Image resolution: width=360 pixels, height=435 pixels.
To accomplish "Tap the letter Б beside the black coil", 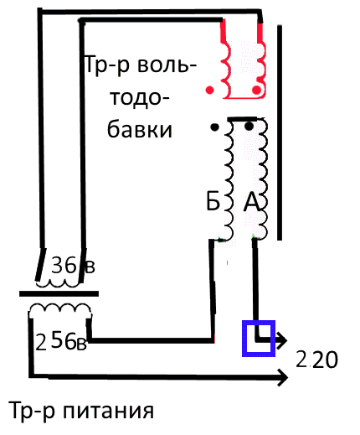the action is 213,201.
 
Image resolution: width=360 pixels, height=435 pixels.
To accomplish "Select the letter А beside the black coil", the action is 251,202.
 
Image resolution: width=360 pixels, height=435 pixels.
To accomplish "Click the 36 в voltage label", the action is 73,265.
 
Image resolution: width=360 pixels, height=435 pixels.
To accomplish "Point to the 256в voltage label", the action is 61,341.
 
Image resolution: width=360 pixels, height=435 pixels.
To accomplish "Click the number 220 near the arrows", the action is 316,360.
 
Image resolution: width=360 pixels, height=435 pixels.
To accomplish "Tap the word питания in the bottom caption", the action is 109,410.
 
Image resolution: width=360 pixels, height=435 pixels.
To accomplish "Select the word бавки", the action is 140,129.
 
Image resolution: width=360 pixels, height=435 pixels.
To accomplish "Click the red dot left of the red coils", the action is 209,90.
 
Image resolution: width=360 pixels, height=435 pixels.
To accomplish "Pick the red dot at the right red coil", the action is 256,90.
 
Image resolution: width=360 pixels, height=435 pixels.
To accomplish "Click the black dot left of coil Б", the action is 214,127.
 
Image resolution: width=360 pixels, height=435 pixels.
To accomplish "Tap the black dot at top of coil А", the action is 249,127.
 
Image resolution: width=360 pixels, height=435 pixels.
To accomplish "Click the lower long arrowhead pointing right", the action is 282,377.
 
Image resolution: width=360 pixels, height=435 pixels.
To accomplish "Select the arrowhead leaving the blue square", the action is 281,340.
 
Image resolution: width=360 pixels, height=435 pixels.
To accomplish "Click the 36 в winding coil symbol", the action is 58,283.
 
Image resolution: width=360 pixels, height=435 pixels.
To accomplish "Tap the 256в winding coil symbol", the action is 60,308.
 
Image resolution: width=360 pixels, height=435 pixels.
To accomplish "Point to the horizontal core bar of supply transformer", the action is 59,293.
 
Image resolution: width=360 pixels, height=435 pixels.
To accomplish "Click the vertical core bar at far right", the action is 280,132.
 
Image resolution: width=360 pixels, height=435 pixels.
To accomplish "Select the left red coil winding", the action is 226,69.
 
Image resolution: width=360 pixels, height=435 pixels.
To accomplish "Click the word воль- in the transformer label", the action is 167,66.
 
